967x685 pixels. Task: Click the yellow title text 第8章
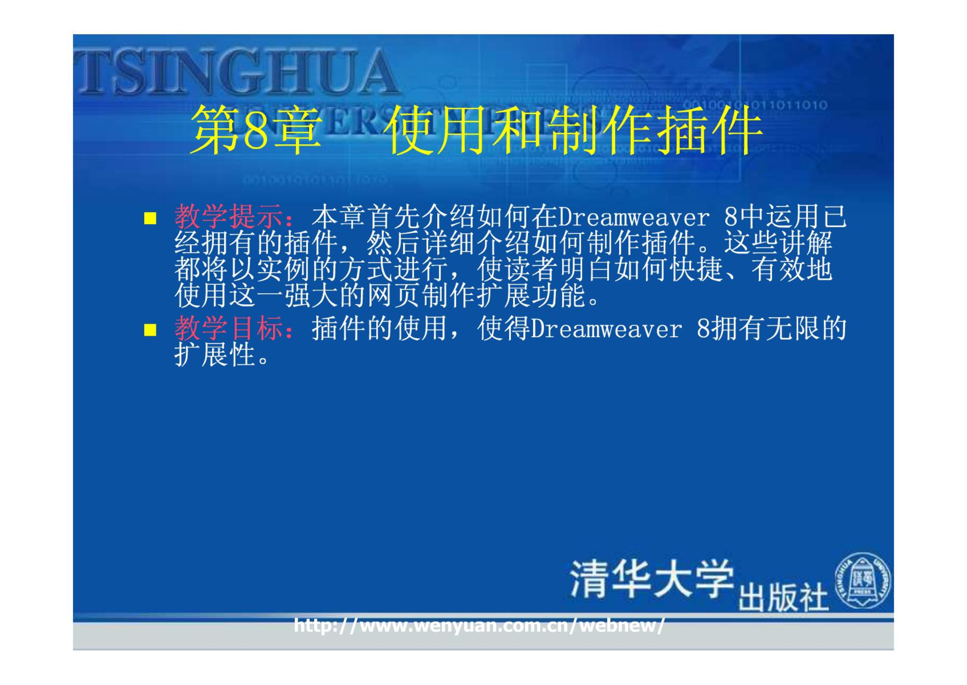(x=256, y=130)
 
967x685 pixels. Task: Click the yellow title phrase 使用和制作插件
(x=573, y=130)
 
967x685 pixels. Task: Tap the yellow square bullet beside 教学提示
(x=150, y=218)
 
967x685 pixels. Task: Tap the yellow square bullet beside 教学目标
(x=150, y=330)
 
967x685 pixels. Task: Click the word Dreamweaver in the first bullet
(x=634, y=217)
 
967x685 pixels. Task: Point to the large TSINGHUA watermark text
(x=236, y=71)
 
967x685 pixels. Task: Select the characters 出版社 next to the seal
(x=783, y=597)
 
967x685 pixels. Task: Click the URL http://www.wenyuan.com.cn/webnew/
(x=479, y=625)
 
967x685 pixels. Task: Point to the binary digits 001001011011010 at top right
(x=755, y=105)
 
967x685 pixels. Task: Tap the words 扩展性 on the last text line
(x=215, y=355)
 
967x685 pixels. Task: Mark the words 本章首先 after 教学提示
(x=366, y=217)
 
